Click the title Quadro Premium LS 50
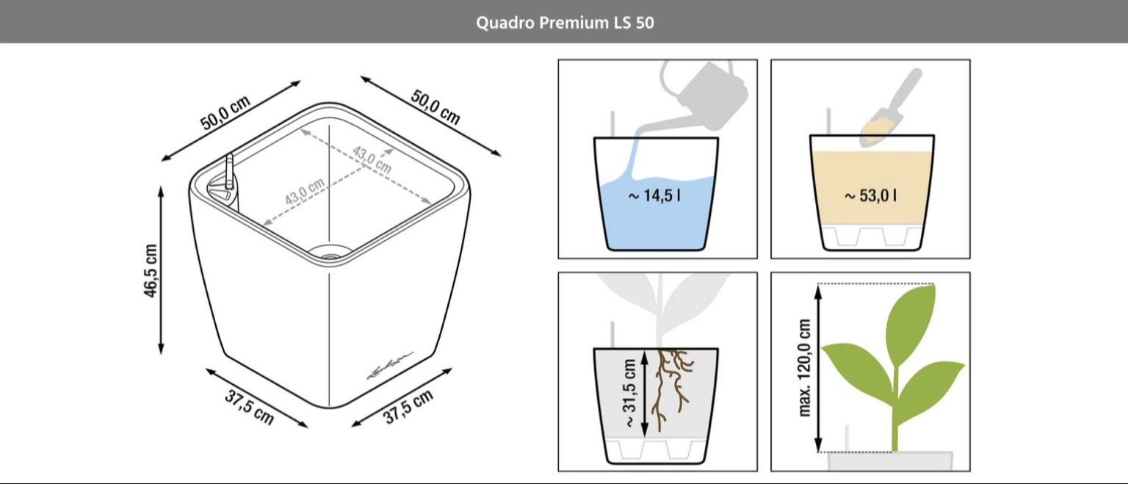(x=565, y=23)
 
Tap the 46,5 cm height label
(x=151, y=271)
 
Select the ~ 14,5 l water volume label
(x=654, y=195)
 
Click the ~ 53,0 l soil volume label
(x=870, y=195)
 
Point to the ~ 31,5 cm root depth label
(x=630, y=394)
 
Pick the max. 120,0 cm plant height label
(x=805, y=368)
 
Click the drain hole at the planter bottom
(x=330, y=253)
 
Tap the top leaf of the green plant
(x=911, y=322)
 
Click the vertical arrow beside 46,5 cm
(x=161, y=270)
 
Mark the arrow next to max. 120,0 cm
(x=818, y=368)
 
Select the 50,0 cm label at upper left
(x=225, y=113)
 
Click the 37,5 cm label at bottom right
(x=408, y=407)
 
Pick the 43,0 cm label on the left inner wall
(x=305, y=192)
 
